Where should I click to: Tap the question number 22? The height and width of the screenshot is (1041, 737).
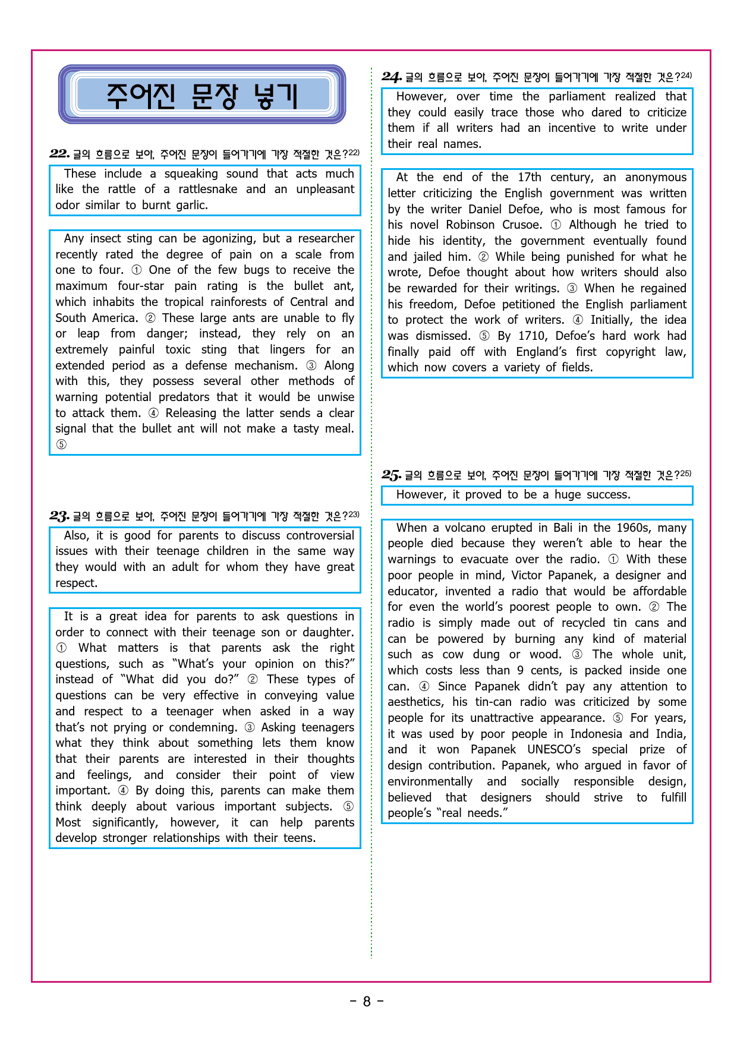(59, 154)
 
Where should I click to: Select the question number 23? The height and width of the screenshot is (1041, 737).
(59, 516)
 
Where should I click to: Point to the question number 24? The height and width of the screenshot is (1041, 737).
(392, 77)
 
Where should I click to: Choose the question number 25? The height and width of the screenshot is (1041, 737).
(392, 475)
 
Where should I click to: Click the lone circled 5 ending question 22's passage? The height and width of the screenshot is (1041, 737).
(61, 444)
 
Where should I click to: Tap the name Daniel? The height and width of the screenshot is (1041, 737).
(486, 209)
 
